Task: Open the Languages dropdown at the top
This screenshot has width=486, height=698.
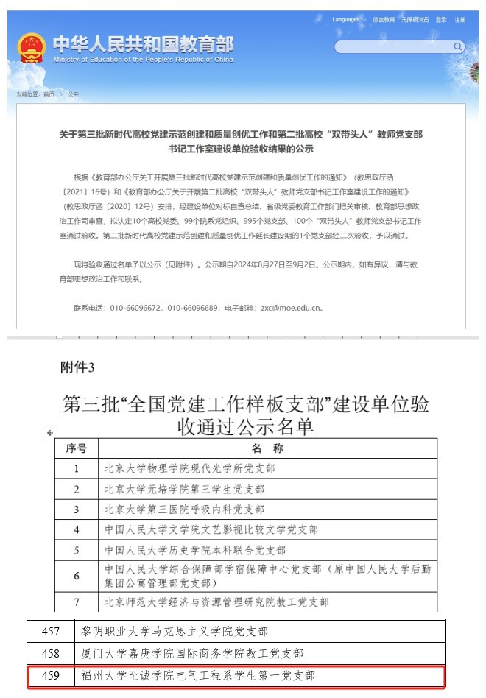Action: click(x=347, y=20)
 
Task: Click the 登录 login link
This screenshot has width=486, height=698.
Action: click(x=440, y=20)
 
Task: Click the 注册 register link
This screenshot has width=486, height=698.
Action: click(x=460, y=20)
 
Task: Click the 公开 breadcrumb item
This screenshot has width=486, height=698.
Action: click(x=73, y=95)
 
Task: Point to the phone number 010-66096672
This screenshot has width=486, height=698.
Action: click(x=135, y=308)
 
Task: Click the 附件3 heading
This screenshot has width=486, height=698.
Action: click(x=77, y=367)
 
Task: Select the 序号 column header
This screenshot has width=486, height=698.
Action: click(x=77, y=448)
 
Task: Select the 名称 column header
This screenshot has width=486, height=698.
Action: click(x=267, y=448)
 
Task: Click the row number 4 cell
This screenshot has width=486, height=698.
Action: click(x=77, y=529)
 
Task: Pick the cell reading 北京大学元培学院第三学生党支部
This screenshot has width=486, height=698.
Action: click(x=184, y=489)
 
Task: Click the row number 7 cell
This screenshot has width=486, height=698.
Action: click(x=77, y=602)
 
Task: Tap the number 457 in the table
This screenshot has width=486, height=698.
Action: click(x=51, y=631)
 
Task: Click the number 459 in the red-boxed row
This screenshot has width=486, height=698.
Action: click(x=51, y=674)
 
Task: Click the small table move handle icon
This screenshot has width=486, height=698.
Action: click(x=49, y=433)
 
